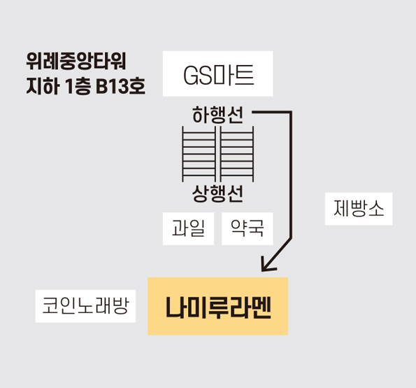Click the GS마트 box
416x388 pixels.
click(218, 74)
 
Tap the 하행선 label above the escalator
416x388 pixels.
click(217, 116)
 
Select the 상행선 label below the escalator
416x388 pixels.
click(217, 194)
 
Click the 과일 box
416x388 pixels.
click(188, 228)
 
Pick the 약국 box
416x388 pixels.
click(248, 228)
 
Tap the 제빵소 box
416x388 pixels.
click(359, 209)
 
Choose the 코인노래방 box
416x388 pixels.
click(85, 306)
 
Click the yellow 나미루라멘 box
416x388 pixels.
click(218, 306)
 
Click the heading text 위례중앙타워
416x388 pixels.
click(76, 61)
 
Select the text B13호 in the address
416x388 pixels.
click(120, 86)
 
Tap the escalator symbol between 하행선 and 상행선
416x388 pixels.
click(218, 154)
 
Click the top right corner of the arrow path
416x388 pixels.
click(291, 112)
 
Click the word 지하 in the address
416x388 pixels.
click(43, 86)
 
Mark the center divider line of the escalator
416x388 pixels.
click(218, 154)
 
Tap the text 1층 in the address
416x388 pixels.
click(78, 86)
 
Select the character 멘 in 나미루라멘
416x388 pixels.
click(261, 307)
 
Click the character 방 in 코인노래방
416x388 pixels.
click(121, 306)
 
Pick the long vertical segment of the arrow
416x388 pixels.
click(291, 175)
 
